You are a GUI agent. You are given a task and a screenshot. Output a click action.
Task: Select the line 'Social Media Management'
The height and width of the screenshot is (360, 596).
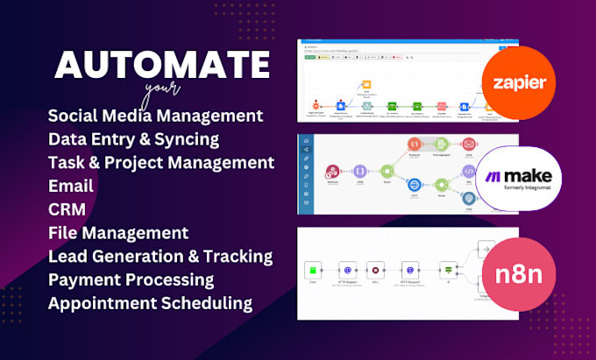(x=156, y=116)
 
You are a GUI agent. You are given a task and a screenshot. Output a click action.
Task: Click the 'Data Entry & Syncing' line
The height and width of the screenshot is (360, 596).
(x=133, y=138)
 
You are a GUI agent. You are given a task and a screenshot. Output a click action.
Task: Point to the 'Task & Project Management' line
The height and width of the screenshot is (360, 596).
(x=161, y=162)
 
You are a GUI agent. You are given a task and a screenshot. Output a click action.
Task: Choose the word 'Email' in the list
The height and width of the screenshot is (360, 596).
(x=72, y=186)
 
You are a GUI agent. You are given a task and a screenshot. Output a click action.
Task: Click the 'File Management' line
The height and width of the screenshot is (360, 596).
(x=118, y=233)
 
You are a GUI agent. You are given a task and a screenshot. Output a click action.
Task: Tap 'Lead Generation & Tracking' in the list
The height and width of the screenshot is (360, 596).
(x=160, y=256)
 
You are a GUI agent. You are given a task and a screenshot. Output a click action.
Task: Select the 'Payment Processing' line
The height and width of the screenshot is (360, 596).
(x=131, y=279)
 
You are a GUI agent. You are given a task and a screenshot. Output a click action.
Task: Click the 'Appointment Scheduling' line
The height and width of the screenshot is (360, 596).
(x=151, y=303)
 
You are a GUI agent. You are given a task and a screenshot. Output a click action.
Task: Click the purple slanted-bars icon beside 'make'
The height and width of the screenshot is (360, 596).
(x=493, y=177)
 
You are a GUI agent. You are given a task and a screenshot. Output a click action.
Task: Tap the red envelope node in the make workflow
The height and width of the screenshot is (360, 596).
(x=468, y=143)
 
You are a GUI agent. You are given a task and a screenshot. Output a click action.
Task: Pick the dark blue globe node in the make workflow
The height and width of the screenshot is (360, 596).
(x=414, y=185)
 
